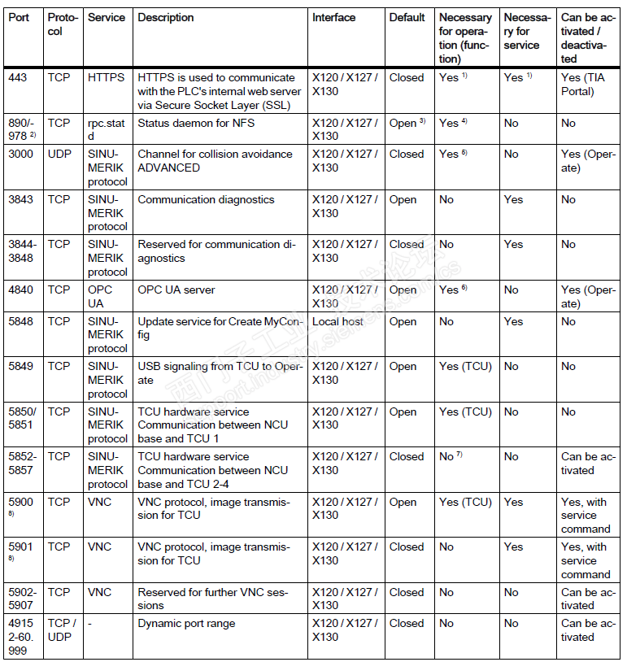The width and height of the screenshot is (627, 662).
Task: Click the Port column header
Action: tap(19, 17)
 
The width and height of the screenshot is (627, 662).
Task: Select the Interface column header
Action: tap(333, 17)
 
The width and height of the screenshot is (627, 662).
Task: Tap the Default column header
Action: tap(407, 17)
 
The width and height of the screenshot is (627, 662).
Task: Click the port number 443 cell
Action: tap(19, 77)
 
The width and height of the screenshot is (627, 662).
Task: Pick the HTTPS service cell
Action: tap(107, 77)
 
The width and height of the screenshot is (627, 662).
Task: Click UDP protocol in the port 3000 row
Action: tap(59, 154)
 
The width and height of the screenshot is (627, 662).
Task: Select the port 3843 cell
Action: tap(22, 199)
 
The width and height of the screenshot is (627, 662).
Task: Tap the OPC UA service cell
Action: tap(101, 296)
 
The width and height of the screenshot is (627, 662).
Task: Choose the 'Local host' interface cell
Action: tap(337, 321)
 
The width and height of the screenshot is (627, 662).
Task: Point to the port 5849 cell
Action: tap(22, 366)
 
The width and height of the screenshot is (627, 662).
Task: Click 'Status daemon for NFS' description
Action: tap(195, 123)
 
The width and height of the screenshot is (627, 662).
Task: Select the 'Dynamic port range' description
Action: tap(186, 623)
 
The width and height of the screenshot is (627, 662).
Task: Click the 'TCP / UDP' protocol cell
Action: tap(62, 629)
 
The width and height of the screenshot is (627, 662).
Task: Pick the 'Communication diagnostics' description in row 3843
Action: tap(206, 199)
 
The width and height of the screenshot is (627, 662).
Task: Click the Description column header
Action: tap(166, 17)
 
